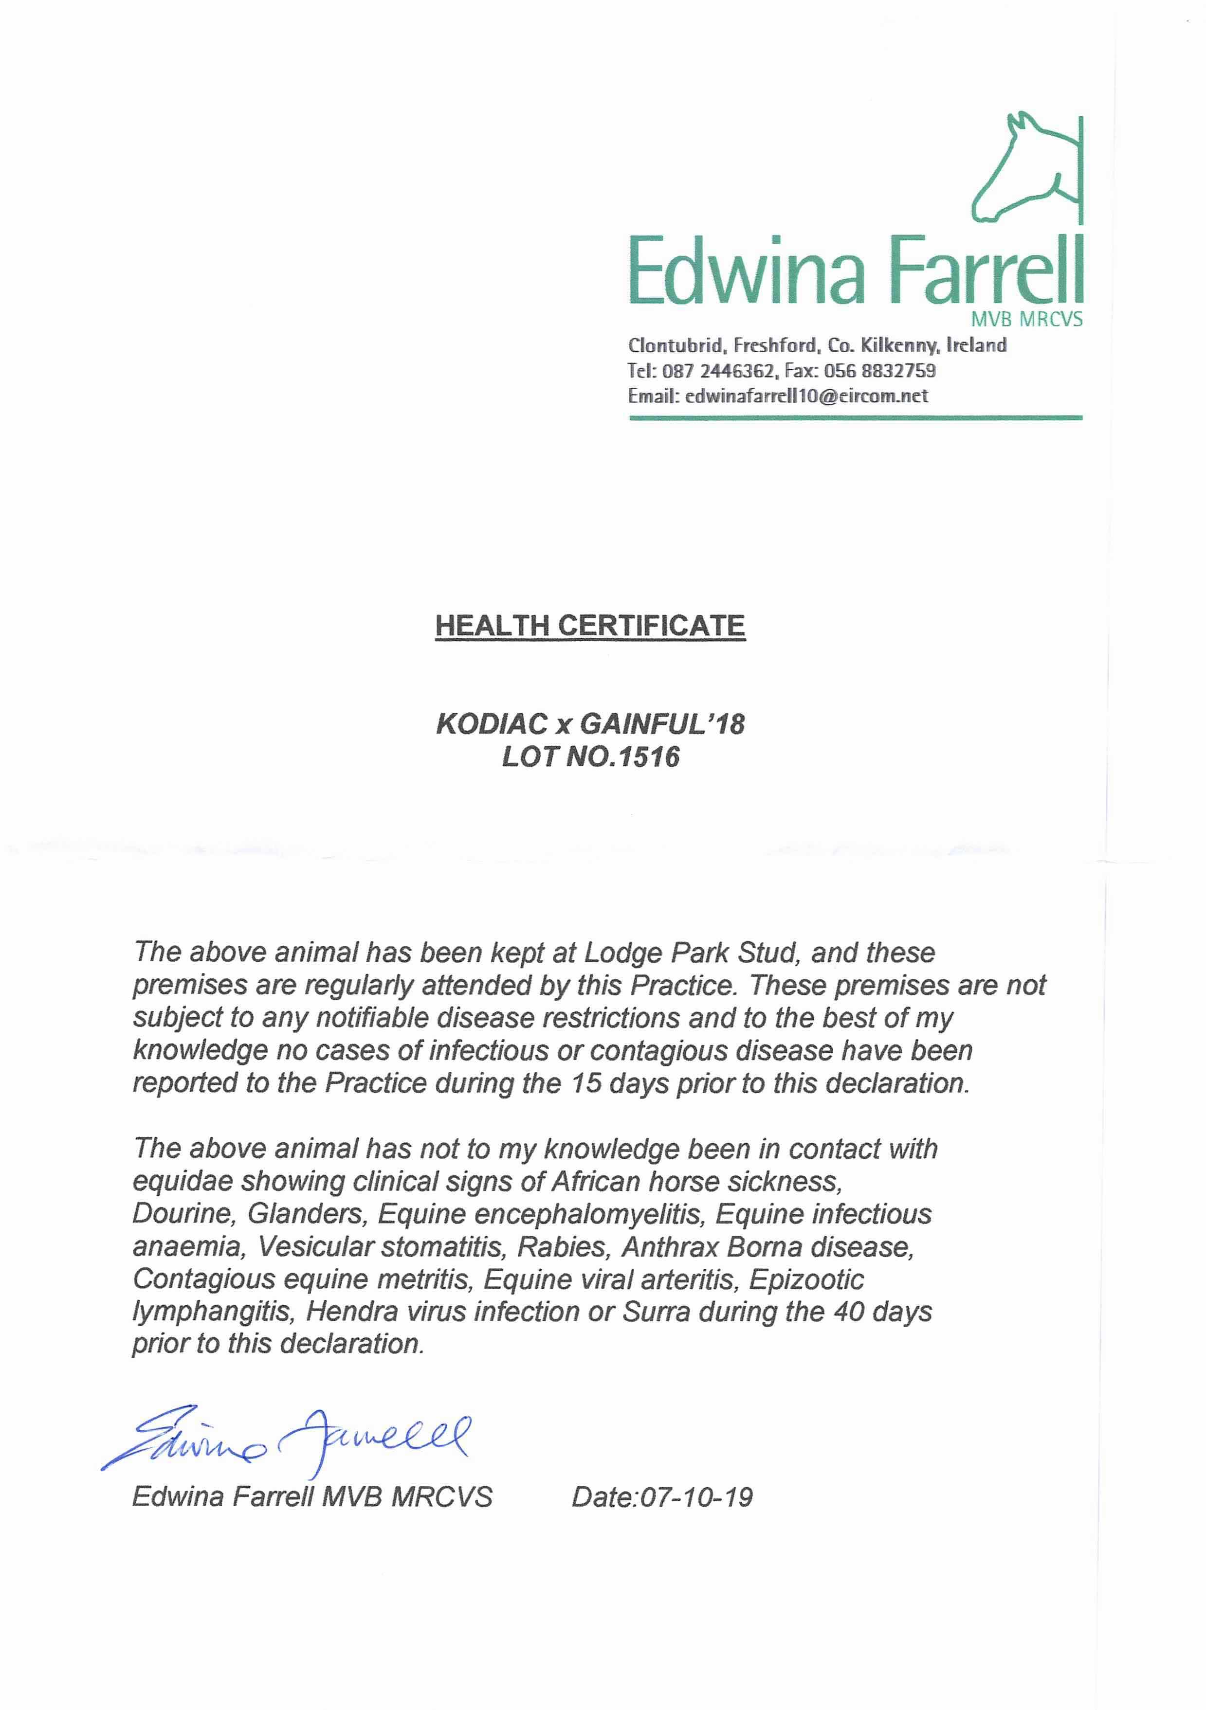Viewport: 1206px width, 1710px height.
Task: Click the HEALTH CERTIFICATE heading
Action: (590, 626)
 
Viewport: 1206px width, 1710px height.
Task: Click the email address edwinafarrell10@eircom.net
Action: (806, 396)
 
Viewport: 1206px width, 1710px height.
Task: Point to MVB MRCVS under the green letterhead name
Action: (1026, 320)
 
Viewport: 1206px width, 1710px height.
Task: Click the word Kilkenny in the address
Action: (900, 345)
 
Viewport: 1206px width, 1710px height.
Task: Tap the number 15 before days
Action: (586, 1083)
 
